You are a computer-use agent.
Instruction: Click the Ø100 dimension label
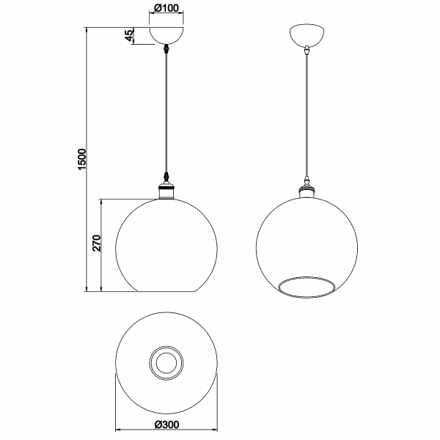click(166, 9)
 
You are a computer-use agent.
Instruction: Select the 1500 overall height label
click(82, 159)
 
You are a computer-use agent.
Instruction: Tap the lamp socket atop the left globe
click(167, 191)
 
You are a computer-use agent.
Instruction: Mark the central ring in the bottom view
click(166, 362)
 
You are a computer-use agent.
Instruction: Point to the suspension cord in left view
click(167, 117)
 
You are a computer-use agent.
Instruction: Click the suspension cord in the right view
click(306, 117)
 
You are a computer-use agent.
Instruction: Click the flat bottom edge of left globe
click(167, 291)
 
